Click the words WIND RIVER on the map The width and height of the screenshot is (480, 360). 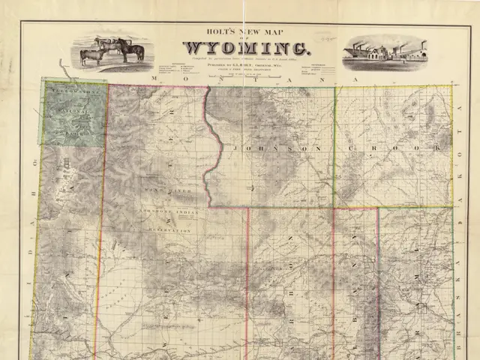click(x=176, y=193)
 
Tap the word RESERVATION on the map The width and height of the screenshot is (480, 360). click(x=169, y=229)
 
